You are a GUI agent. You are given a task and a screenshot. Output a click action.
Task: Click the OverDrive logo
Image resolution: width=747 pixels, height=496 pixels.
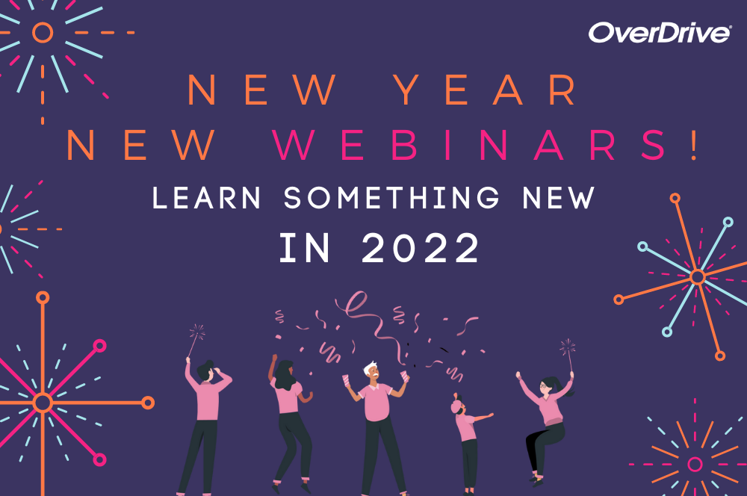click(x=660, y=33)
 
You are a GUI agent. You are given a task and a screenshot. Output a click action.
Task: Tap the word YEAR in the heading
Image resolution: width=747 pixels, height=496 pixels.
click(x=486, y=90)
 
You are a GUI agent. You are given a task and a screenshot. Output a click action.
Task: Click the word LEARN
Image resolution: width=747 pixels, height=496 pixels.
click(x=206, y=197)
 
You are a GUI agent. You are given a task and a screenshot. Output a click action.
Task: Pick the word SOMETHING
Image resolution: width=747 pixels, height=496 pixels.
click(x=391, y=197)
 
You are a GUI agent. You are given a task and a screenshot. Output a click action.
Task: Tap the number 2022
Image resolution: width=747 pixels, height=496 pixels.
click(x=420, y=248)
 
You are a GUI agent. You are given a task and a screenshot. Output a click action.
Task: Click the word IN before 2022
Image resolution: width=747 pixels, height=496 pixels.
click(x=305, y=248)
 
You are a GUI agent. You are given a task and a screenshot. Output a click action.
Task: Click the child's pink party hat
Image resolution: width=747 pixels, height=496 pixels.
click(x=456, y=405)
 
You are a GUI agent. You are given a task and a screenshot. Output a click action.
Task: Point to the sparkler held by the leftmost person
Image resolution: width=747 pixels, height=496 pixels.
click(x=195, y=340)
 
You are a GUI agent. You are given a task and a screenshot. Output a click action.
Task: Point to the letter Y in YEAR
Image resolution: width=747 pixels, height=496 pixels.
click(x=408, y=90)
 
